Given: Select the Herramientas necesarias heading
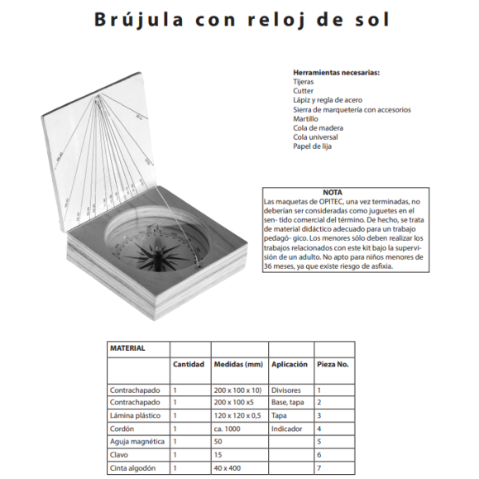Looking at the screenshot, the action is tap(336, 73).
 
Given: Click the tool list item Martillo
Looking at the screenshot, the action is tap(305, 118).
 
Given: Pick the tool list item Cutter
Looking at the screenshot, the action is tap(303, 91).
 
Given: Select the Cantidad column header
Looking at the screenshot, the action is tap(188, 364).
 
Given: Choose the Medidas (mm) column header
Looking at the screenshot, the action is tap(238, 364).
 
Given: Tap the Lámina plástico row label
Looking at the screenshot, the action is tap(136, 415).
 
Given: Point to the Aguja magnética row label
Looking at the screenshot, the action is tap(137, 442).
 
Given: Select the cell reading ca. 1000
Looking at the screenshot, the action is tap(228, 429).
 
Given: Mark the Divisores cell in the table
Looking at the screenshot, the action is tap(286, 389).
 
